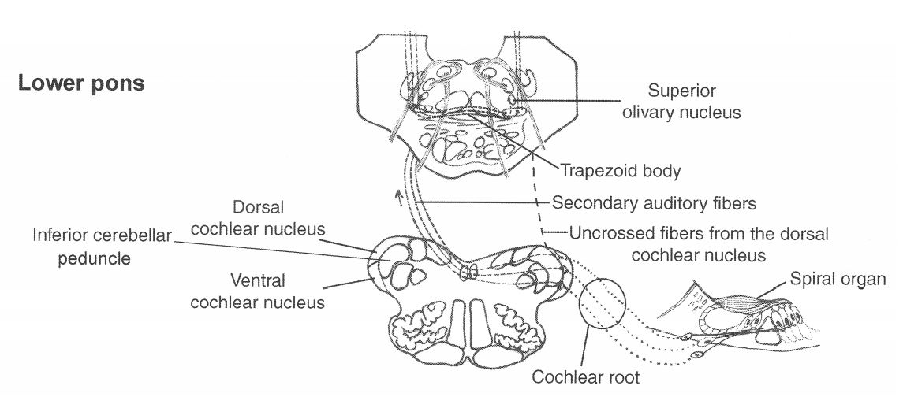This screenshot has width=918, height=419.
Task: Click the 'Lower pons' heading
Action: coord(81,83)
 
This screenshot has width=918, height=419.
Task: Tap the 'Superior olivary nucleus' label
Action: coord(693,102)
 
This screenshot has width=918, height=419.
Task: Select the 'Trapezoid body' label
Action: coord(620,169)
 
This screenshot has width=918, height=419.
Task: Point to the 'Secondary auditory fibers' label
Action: coord(654,203)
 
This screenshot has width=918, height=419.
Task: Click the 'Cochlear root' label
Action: coord(584,376)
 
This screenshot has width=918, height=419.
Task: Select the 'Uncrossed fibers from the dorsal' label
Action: coord(699,234)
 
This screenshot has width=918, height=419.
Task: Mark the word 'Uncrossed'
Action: coord(606,234)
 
